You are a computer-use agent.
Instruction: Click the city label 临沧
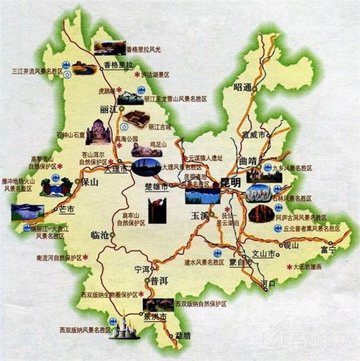(x=100, y=236)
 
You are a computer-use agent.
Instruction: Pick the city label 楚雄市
(x=157, y=187)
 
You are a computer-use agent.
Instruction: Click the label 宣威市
(x=254, y=134)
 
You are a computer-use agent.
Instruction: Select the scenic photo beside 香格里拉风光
(x=108, y=48)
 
